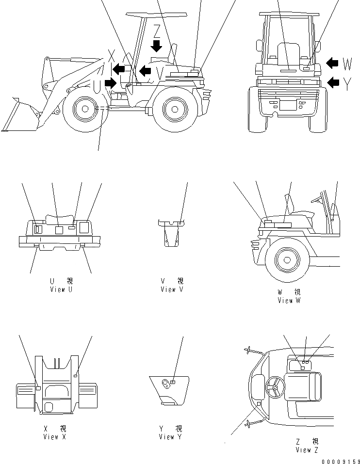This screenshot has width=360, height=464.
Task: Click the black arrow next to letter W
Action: tap(332, 63)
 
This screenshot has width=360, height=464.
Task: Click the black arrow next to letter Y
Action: tap(333, 82)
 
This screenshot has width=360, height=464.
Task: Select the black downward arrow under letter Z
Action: tap(156, 46)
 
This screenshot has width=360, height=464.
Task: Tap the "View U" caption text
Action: tap(62, 289)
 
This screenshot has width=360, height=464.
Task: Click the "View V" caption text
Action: tap(172, 289)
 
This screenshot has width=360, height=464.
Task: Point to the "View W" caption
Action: tap(289, 300)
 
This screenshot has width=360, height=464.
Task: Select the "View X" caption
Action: tap(57, 437)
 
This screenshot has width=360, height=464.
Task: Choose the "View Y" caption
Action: tap(170, 437)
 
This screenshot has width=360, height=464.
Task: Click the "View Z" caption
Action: tap(307, 449)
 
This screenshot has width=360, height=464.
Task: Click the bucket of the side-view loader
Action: tap(19, 116)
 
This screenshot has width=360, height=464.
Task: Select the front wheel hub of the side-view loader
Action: tap(84, 110)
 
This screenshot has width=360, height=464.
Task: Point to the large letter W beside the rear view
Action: tap(347, 64)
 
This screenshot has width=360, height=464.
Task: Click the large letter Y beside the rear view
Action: tap(347, 84)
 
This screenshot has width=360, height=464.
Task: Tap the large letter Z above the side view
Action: tap(156, 31)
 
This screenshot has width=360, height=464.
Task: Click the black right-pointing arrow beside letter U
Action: tap(111, 83)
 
